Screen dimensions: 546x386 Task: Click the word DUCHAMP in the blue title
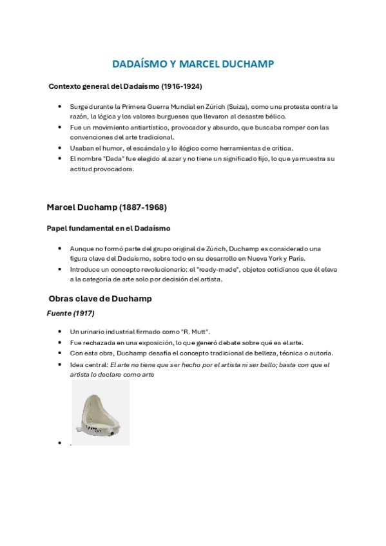(x=247, y=64)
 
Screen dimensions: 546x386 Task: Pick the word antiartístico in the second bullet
(x=140, y=127)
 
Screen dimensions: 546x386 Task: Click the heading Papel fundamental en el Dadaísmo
(x=108, y=228)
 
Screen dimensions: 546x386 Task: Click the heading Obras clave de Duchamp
(x=100, y=299)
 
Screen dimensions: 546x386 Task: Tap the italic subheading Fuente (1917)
(x=71, y=314)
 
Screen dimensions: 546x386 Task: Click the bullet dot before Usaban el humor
(x=59, y=148)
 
